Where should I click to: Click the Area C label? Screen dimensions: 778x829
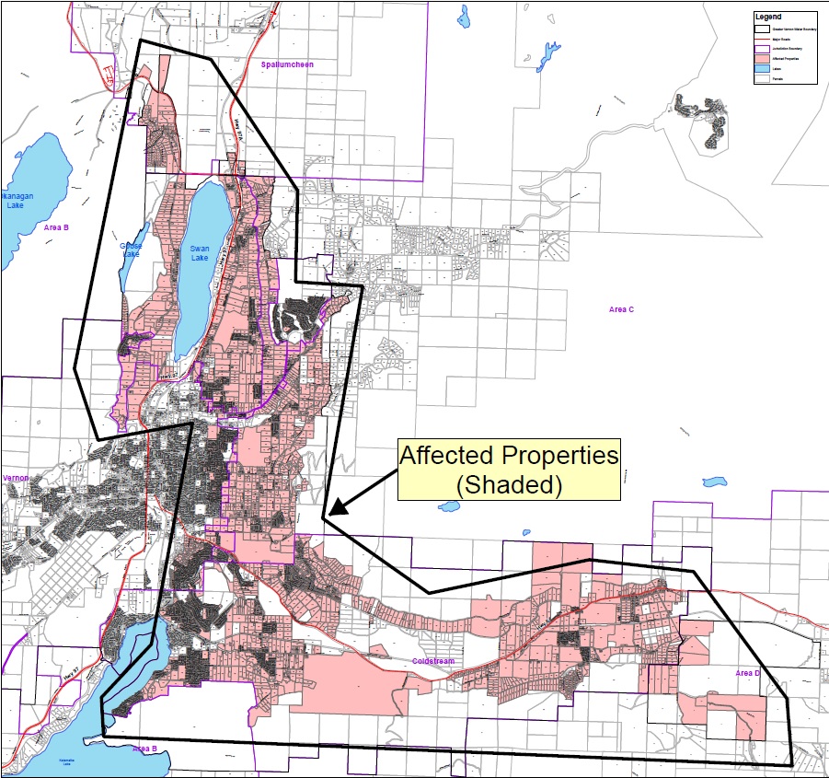point(621,309)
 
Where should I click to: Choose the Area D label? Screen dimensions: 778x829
point(747,673)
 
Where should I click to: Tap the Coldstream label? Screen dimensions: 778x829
point(428,660)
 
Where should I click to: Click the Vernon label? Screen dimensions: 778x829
point(17,478)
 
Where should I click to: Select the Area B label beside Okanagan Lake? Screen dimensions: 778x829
point(57,226)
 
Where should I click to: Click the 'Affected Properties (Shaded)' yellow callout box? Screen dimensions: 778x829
point(508,470)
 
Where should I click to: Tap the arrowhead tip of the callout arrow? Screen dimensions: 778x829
point(330,511)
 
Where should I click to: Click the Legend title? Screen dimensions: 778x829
point(767,17)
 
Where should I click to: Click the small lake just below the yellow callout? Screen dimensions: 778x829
point(449,506)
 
